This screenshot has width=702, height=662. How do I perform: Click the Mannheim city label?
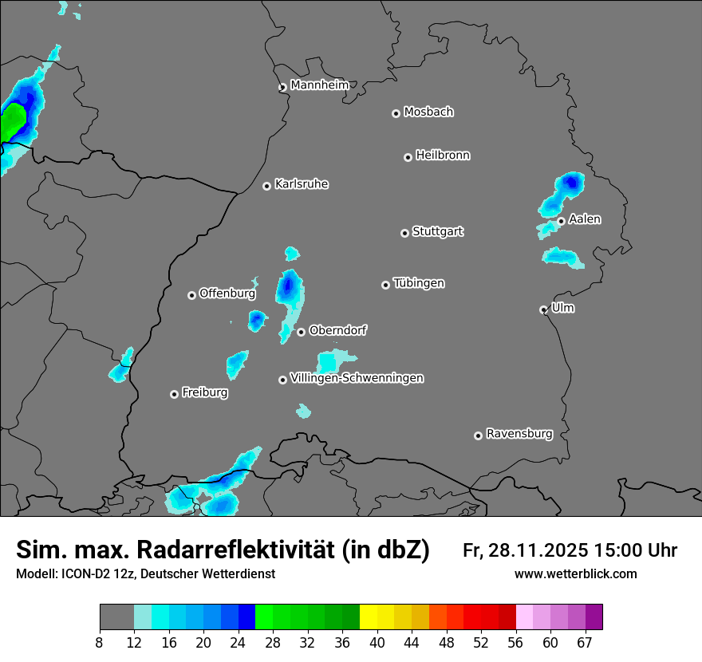coord(319,85)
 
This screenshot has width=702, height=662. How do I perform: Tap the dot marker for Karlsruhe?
coord(266,186)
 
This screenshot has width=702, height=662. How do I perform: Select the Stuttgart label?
coord(437,231)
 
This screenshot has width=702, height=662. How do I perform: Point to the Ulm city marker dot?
coord(543,309)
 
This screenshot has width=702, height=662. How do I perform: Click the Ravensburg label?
coord(519,434)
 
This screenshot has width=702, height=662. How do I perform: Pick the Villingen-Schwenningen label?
coord(357,378)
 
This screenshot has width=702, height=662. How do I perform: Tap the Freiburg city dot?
coord(174,394)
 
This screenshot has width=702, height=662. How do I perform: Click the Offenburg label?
coord(227,294)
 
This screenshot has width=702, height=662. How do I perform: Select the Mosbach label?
coord(428,112)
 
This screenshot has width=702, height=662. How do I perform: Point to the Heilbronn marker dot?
coord(408,157)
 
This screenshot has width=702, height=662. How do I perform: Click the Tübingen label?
coord(419,283)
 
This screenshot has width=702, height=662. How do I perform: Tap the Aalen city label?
coord(585,219)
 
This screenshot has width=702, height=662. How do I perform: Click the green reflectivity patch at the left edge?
coord(12,124)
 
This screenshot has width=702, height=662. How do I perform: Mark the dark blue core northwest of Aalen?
coord(571,183)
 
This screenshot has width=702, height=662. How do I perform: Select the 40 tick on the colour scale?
coord(377,642)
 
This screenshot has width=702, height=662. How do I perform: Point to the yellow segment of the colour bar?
coord(369,617)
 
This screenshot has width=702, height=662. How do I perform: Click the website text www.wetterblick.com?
coord(576,574)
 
